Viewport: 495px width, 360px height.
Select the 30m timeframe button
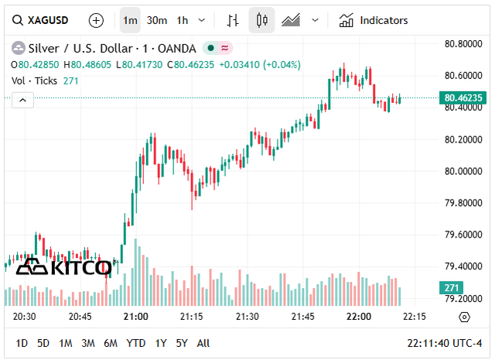pos(157,20)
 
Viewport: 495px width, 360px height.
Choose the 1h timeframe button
pos(183,20)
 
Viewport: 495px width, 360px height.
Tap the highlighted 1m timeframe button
pos(131,20)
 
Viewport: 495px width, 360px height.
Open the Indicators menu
pos(374,20)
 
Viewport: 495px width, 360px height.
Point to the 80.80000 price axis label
pos(462,43)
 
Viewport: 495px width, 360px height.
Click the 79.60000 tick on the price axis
pos(462,235)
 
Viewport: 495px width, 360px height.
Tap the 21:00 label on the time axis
pos(136,317)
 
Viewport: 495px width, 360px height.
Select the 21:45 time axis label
pos(302,317)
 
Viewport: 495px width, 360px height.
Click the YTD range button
pos(136,343)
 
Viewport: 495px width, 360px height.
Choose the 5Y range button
pos(182,343)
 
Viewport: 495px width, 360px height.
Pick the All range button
pos(203,343)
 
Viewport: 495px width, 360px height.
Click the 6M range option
pos(111,343)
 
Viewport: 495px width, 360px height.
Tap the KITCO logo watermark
pos(64,267)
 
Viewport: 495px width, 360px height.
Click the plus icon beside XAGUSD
pos(96,20)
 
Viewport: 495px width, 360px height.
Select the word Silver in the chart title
pos(43,48)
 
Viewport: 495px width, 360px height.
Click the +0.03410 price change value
pos(240,64)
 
